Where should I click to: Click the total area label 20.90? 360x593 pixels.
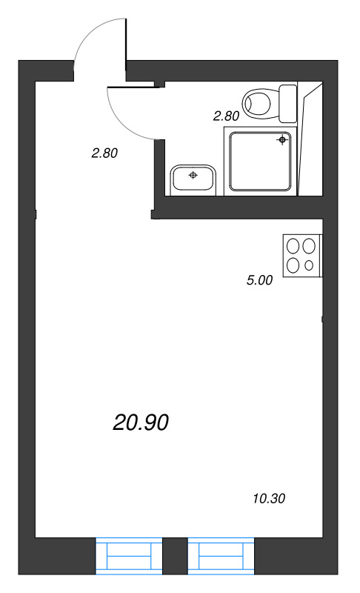coord(141,423)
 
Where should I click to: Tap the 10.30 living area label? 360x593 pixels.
coord(269,498)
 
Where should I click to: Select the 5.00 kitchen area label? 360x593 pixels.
coord(259,280)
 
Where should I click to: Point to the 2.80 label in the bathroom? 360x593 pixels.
coord(226,116)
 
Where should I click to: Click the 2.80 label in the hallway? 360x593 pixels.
coord(104,153)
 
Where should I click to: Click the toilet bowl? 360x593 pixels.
coord(258,103)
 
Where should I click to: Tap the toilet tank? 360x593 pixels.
coord(288,104)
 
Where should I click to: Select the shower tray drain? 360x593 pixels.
coord(281,140)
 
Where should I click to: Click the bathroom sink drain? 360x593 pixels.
coord(193,175)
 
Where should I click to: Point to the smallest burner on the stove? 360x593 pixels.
coord(309,265)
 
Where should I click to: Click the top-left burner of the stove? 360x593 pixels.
coord(293,247)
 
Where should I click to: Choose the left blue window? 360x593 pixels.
coord(129,555)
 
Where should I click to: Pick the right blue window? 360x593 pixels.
coord(221,555)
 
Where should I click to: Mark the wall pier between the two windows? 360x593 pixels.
coord(175,555)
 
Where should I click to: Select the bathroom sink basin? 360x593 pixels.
coord(193,180)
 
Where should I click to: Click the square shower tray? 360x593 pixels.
coord(261,161)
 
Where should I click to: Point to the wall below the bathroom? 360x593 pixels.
coord(237,208)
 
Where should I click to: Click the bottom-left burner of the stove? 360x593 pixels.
coord(293,265)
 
